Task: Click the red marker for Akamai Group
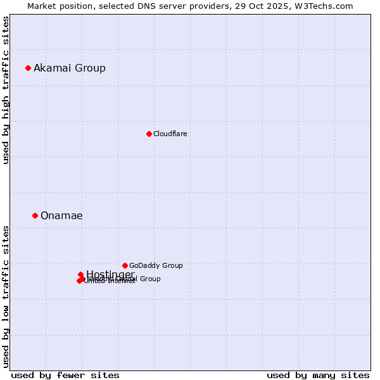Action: [x=28, y=68]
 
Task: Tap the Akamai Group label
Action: [x=70, y=68]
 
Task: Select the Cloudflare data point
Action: [x=149, y=134]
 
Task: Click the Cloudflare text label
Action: [x=170, y=134]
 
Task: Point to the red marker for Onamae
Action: [x=35, y=215]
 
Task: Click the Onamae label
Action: [x=61, y=215]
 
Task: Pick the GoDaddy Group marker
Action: [x=125, y=265]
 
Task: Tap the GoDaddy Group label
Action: [x=156, y=265]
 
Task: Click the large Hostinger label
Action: [x=110, y=274]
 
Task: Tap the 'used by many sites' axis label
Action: [x=318, y=375]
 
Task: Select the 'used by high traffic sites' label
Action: [x=6, y=90]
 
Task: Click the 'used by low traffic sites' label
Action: [x=6, y=296]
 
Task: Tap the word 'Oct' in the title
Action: [x=262, y=6]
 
